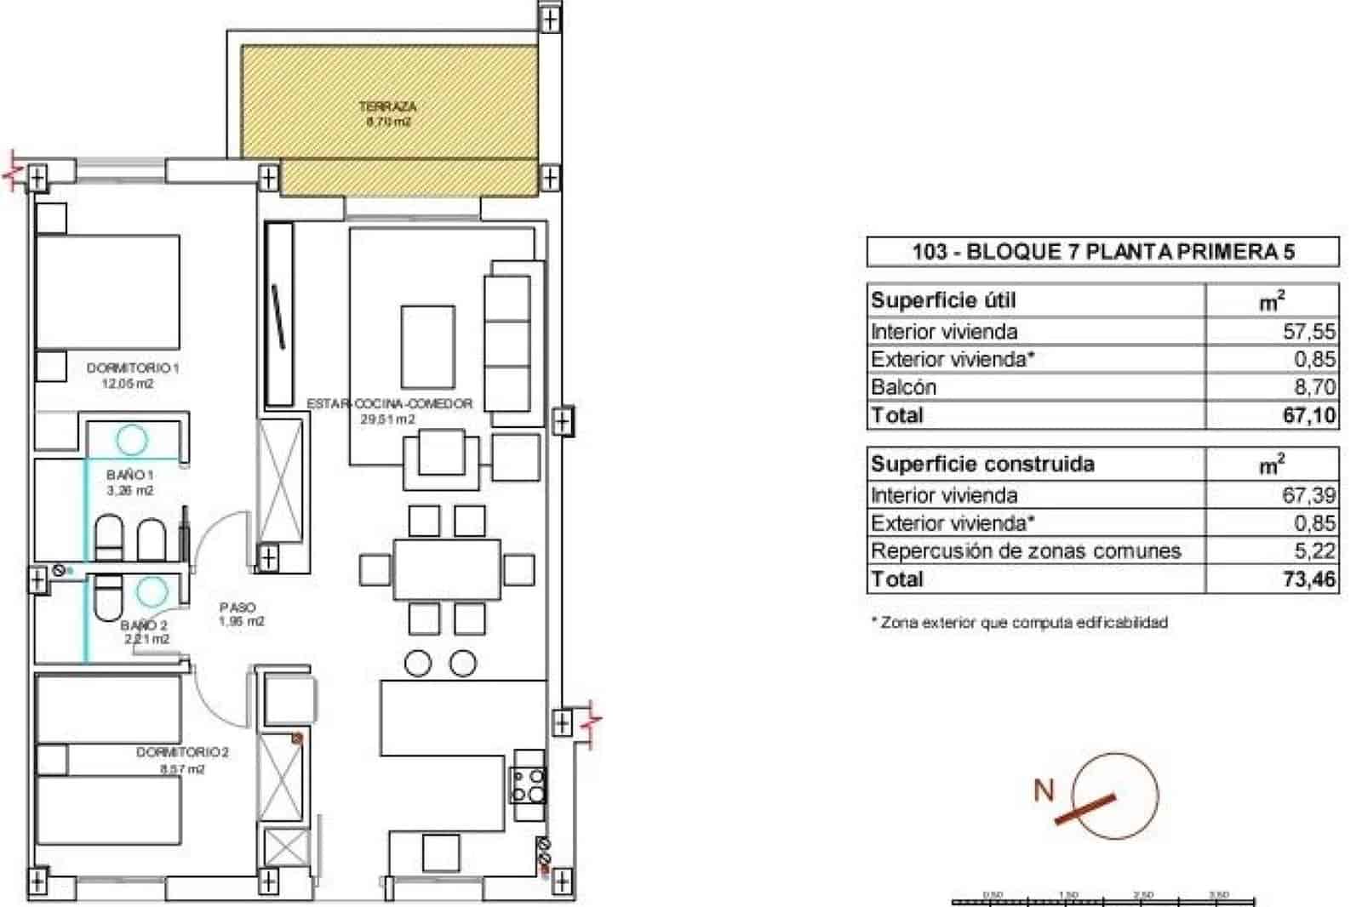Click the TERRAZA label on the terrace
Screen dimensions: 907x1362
(x=387, y=107)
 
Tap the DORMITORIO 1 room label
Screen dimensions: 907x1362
(x=133, y=368)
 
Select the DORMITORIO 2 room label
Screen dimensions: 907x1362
(x=182, y=753)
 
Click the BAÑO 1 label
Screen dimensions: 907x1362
(x=130, y=475)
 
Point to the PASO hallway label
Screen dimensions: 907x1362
(x=237, y=608)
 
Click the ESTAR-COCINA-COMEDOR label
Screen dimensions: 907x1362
(x=389, y=403)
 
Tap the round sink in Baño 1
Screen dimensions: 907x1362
(x=131, y=440)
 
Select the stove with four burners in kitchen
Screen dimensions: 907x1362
(x=528, y=785)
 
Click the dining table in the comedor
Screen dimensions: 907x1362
(x=446, y=569)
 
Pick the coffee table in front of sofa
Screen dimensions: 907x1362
(x=427, y=347)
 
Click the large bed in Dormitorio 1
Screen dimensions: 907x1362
(x=107, y=292)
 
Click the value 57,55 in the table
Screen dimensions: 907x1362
(x=1308, y=331)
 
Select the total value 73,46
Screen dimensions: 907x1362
(x=1309, y=579)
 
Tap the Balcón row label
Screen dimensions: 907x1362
(x=903, y=387)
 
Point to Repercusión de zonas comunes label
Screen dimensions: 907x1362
(x=1025, y=551)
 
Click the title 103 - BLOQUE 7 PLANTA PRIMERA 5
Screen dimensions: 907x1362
(x=1102, y=252)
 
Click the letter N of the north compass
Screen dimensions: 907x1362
(x=1044, y=790)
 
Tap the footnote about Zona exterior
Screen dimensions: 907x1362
(x=1019, y=623)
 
